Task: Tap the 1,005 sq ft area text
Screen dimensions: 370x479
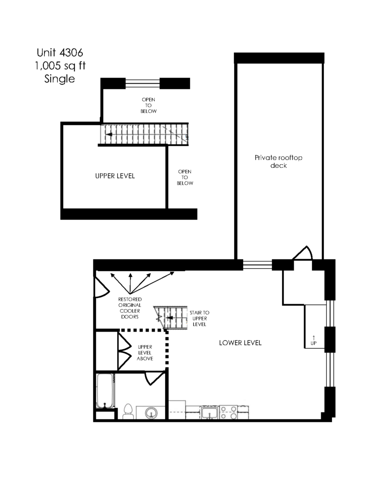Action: [x=60, y=66]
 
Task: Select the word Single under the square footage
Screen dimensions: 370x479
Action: [x=59, y=79]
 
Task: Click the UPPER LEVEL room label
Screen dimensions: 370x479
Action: [x=115, y=176]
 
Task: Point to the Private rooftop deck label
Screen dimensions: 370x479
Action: [x=278, y=161]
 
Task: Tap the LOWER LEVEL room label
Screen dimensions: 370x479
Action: [x=240, y=343]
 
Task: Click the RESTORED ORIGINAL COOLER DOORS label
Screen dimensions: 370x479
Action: [x=130, y=308]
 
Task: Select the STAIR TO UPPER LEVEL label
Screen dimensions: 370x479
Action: [x=199, y=318]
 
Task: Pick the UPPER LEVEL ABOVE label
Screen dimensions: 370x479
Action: [x=145, y=353]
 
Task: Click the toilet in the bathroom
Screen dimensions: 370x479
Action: [x=128, y=411]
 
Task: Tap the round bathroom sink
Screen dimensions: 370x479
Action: [x=151, y=413]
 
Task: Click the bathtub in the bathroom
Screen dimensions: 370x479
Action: [x=105, y=391]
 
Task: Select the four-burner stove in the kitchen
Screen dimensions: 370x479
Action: [x=228, y=412]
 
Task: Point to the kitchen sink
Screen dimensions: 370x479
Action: [x=210, y=412]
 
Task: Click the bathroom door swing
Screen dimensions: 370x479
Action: [x=155, y=378]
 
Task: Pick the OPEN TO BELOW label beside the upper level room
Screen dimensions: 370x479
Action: [x=185, y=177]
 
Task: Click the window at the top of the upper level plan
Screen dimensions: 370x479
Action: [x=143, y=83]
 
